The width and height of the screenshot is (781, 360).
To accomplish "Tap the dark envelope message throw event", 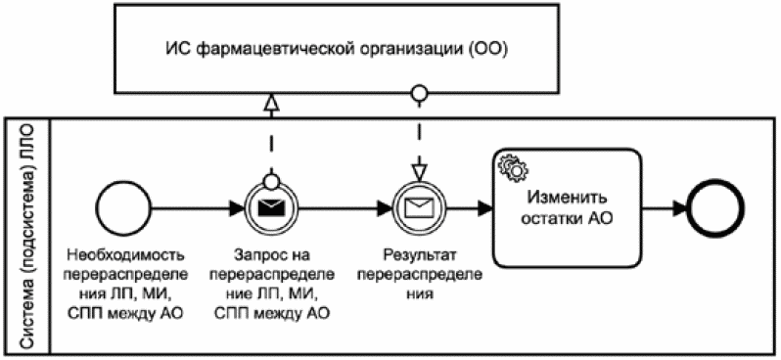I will pyautogui.click(x=269, y=208).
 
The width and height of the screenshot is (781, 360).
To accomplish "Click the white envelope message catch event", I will pyautogui.click(x=419, y=208).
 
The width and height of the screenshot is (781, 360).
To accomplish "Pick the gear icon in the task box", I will pyautogui.click(x=512, y=167).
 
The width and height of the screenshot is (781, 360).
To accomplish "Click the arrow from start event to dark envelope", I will pyautogui.click(x=196, y=208).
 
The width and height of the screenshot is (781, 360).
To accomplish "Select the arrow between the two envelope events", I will pyautogui.click(x=343, y=208).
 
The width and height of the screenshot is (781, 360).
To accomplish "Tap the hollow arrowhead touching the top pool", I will pyautogui.click(x=269, y=101).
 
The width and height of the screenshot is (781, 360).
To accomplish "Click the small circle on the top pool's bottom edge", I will pyautogui.click(x=419, y=94).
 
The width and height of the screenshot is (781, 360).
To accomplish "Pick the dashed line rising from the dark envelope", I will pyautogui.click(x=269, y=147).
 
